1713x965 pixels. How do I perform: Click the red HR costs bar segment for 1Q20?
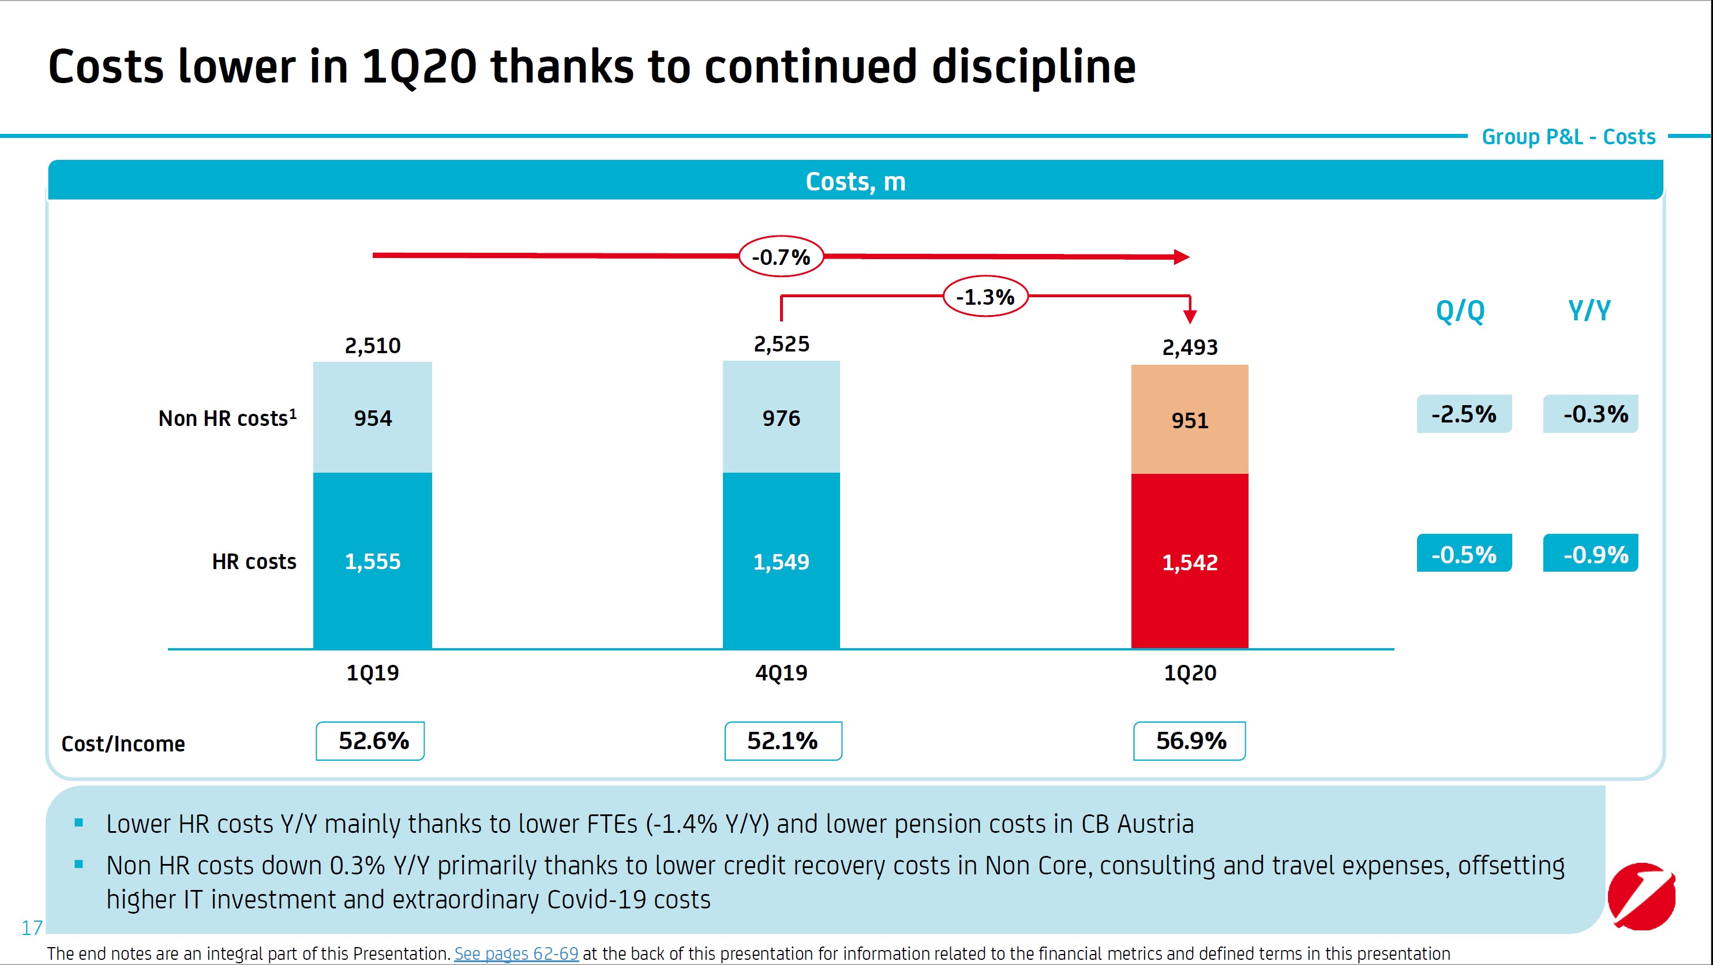[1190, 562]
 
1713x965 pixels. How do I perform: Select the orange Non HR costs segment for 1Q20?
[1190, 419]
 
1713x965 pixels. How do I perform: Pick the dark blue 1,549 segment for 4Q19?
[781, 562]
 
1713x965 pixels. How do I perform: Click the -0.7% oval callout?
[781, 257]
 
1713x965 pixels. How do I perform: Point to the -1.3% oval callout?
[985, 297]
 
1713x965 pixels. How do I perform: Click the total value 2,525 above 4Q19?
[781, 345]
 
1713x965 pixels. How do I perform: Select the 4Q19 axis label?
[781, 673]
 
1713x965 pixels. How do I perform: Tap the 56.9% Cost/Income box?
[1190, 741]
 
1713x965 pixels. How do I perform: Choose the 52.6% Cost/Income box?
[370, 741]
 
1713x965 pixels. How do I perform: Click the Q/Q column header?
[1460, 311]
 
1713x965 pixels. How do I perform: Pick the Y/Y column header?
[1590, 311]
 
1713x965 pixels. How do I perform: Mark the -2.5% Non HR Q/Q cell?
[1464, 414]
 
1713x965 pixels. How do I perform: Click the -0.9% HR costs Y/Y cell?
[1591, 553]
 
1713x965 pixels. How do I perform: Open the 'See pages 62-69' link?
[516, 953]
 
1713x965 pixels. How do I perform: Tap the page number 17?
[32, 927]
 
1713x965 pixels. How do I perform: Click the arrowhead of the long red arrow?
[1182, 257]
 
